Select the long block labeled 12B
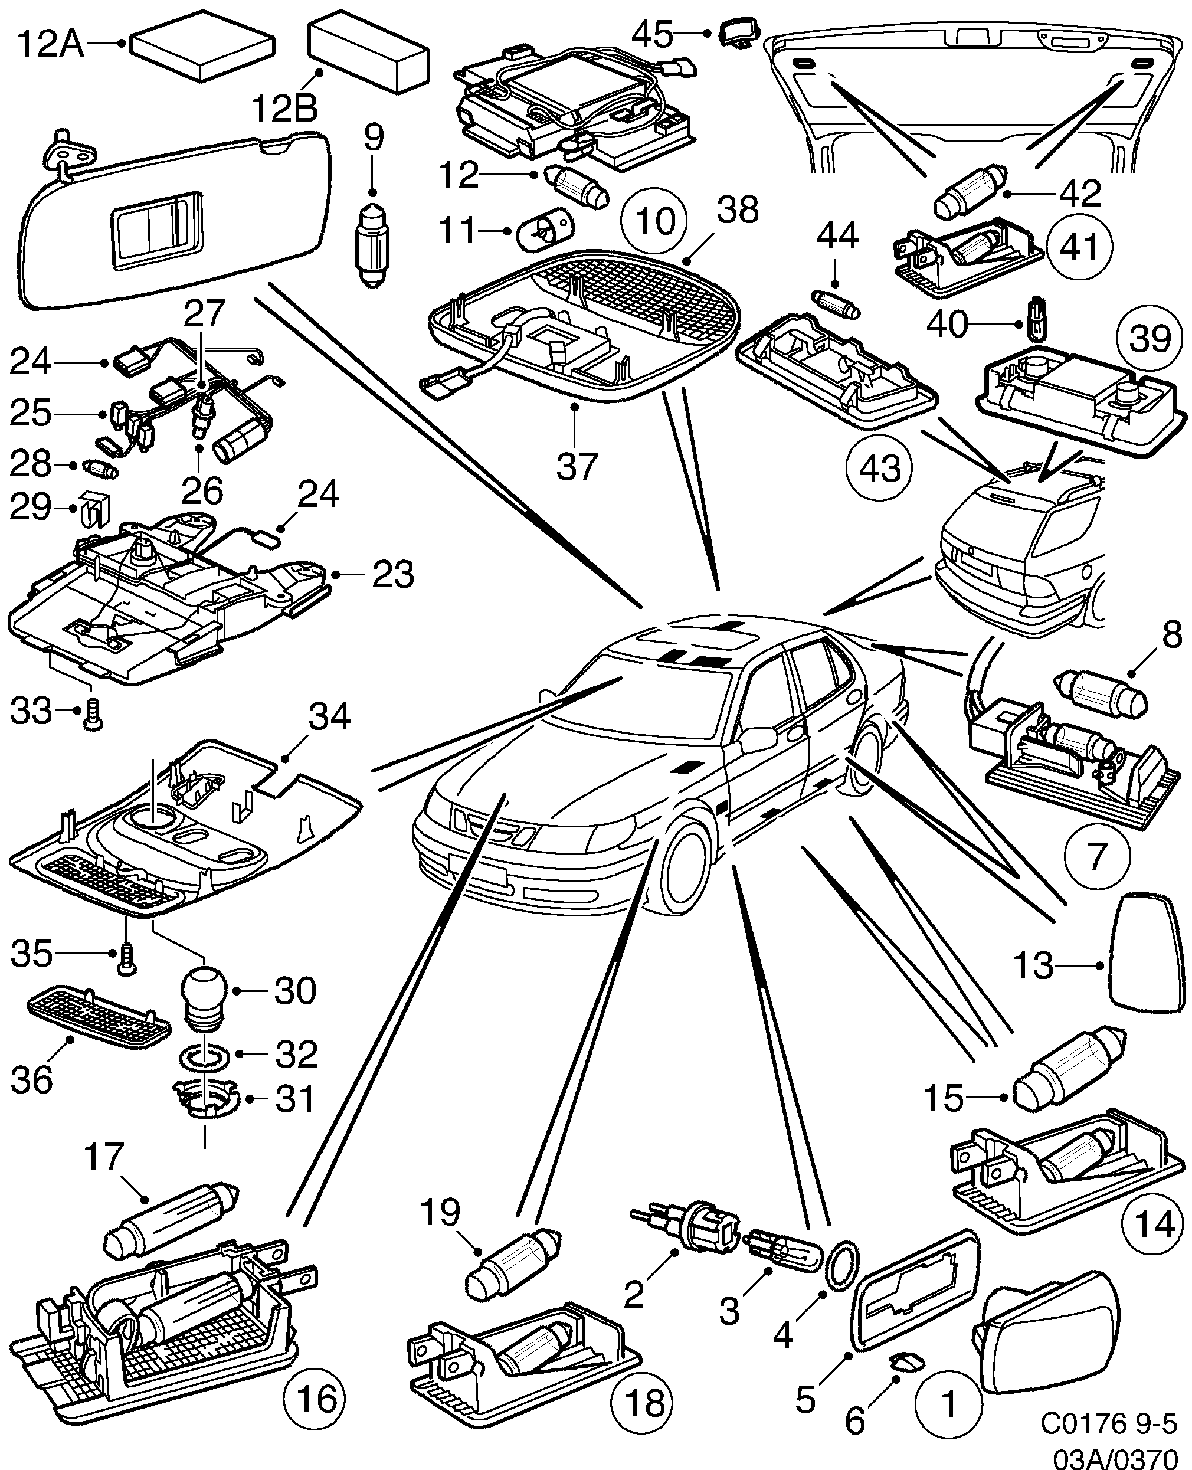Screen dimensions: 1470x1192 (369, 51)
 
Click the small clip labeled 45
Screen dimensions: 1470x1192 (738, 32)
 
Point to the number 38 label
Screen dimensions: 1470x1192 (737, 209)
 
